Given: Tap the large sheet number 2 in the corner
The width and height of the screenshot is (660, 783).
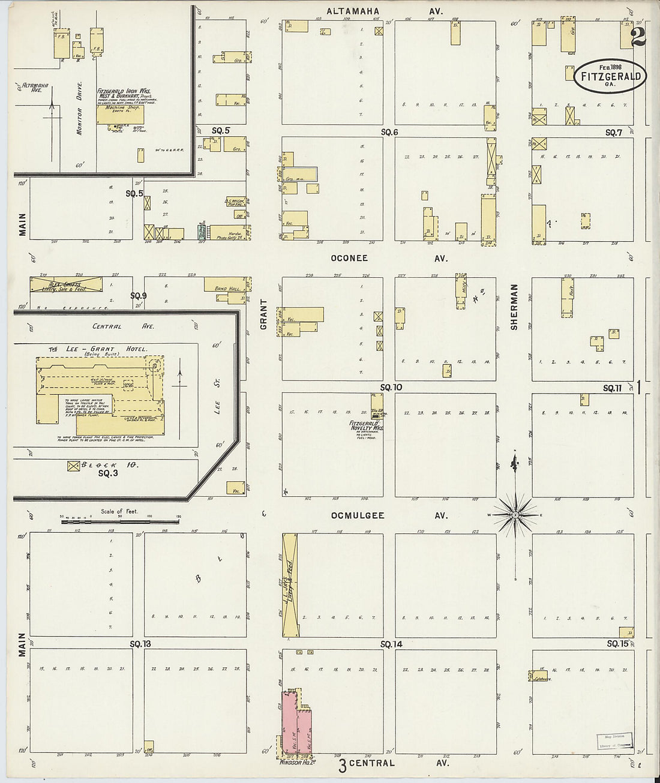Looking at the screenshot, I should tap(638, 37).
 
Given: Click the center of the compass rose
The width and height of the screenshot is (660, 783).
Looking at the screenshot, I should tap(515, 515).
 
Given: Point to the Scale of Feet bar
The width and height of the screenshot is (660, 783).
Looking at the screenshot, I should tap(119, 521).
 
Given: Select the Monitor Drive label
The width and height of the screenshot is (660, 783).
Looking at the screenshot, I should tap(79, 108).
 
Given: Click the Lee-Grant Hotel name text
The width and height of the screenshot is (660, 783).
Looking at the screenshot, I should tap(98, 349).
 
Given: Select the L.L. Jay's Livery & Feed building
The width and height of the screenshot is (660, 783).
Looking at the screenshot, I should tap(290, 585).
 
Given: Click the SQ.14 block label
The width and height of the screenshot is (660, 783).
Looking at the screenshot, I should tap(391, 644).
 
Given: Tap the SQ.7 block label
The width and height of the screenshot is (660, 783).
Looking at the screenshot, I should tap(613, 133).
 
